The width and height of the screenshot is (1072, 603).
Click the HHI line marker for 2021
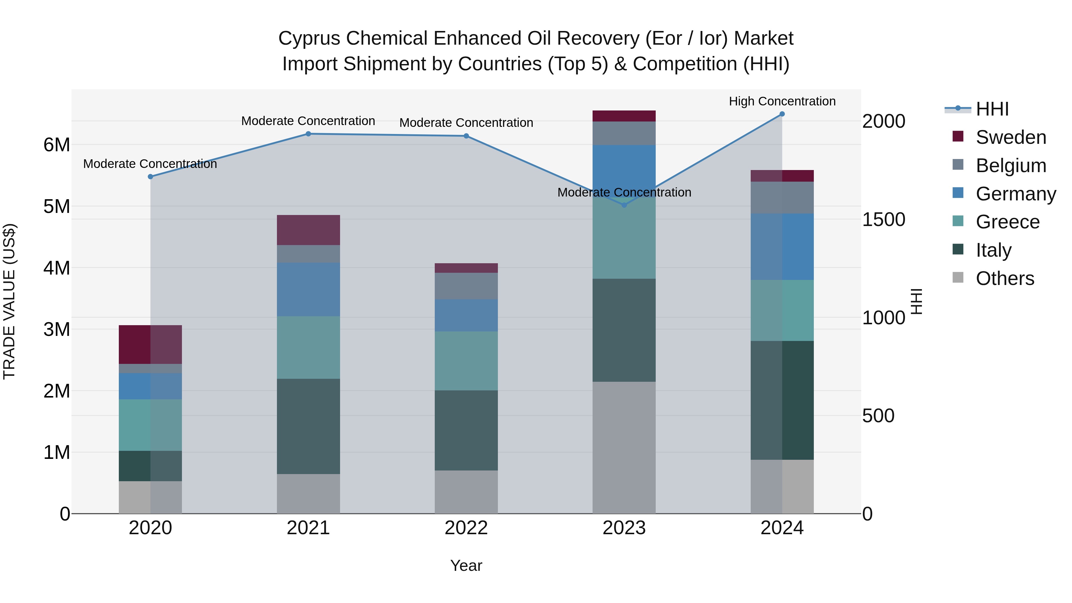point(308,134)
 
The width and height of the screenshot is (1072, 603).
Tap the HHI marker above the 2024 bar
point(782,114)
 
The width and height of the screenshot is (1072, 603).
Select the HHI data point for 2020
point(151,177)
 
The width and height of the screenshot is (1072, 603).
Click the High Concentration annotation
point(782,102)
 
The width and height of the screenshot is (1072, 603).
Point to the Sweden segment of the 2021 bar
point(308,230)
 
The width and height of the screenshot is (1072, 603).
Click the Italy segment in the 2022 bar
point(466,430)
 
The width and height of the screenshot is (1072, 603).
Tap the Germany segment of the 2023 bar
point(624,166)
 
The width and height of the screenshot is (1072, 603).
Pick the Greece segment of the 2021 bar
point(308,348)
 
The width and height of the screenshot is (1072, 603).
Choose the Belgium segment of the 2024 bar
point(782,198)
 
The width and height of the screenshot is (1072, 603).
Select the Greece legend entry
point(1007,222)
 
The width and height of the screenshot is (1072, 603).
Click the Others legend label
point(1005,279)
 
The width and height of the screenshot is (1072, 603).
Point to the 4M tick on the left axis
point(57,268)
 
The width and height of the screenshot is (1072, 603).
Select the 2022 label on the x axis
point(466,528)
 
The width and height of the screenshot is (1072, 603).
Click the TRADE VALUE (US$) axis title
point(9,301)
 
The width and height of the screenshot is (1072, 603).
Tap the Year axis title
point(466,565)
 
